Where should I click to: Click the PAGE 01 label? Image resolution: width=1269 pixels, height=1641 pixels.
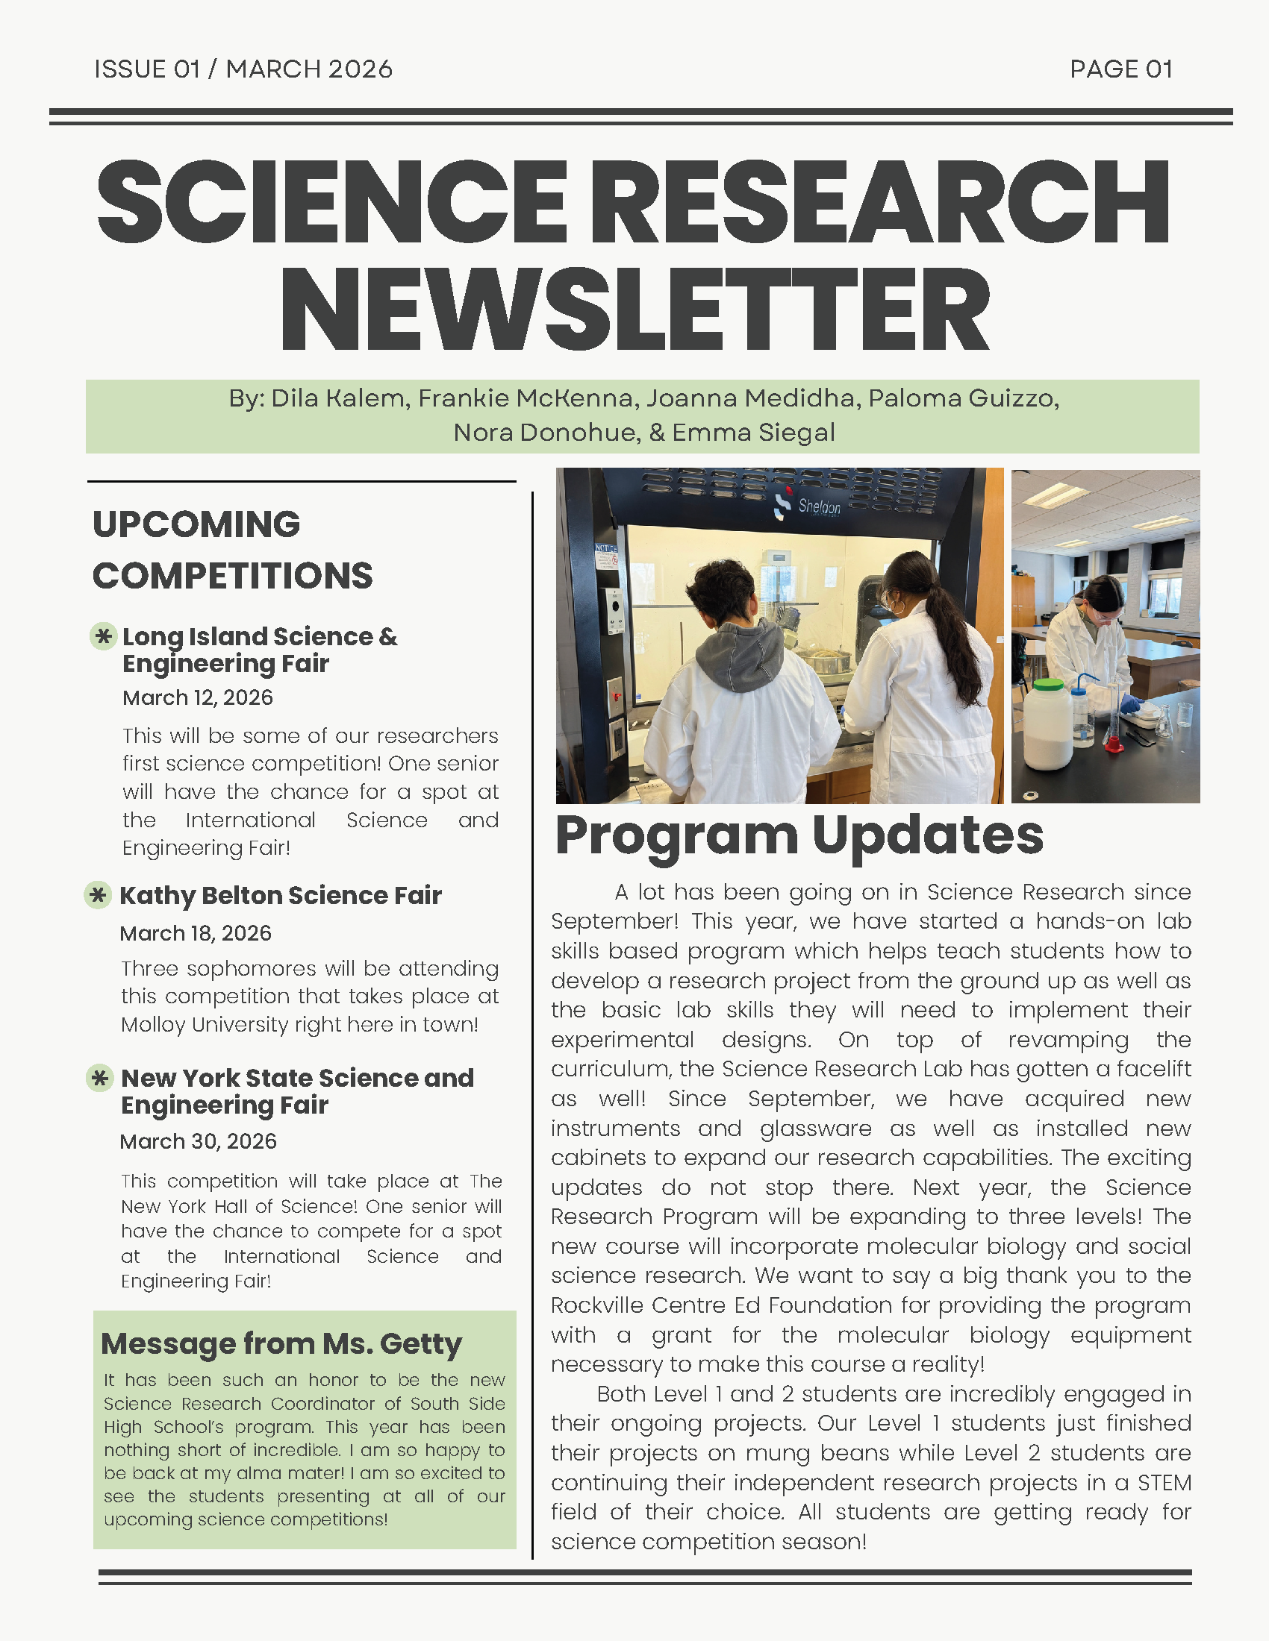(1120, 69)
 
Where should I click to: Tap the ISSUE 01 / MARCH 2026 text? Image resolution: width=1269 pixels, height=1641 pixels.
(243, 69)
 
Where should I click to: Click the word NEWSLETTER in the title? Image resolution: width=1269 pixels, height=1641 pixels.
(634, 310)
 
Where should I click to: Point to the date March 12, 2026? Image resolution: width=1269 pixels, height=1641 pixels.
(198, 698)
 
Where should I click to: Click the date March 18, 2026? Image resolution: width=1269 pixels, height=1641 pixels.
(196, 933)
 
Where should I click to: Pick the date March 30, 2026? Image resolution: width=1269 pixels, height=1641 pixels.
(199, 1141)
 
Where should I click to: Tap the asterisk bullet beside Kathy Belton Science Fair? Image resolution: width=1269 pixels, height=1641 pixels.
(98, 895)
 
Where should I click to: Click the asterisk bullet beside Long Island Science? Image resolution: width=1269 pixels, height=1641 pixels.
(103, 636)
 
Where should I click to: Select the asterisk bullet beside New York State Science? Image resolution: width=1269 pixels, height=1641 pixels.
(99, 1079)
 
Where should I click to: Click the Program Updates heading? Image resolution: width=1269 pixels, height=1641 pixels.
(799, 835)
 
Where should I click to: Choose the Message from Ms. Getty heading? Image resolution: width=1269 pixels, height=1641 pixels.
(281, 1343)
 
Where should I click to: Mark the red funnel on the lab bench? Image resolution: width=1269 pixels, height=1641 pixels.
(1114, 744)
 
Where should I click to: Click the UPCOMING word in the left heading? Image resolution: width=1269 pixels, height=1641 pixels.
(196, 524)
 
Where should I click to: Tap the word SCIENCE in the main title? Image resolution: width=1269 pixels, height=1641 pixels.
(331, 203)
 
